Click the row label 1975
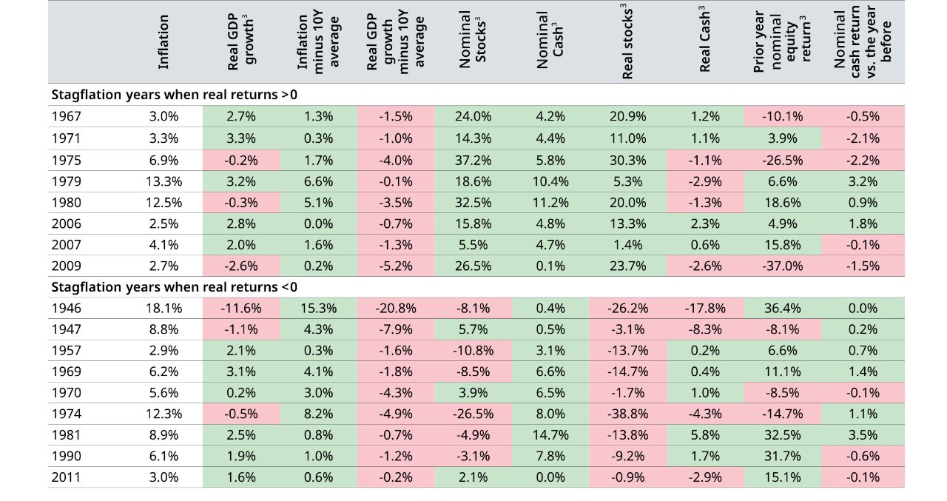click(67, 160)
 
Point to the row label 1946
click(67, 309)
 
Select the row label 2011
click(67, 477)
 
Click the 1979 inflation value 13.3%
click(164, 181)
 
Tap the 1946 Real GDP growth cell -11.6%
click(241, 309)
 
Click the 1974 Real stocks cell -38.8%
click(628, 414)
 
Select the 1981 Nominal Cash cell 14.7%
click(550, 435)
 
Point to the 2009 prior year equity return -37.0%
click(783, 266)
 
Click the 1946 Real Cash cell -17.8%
click(705, 309)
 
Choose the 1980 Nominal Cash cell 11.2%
click(550, 202)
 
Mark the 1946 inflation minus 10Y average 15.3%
click(318, 309)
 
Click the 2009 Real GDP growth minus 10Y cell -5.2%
click(396, 266)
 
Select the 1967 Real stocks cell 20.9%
click(628, 116)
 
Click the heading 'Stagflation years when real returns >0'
click(175, 95)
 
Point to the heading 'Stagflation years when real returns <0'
click(175, 287)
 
